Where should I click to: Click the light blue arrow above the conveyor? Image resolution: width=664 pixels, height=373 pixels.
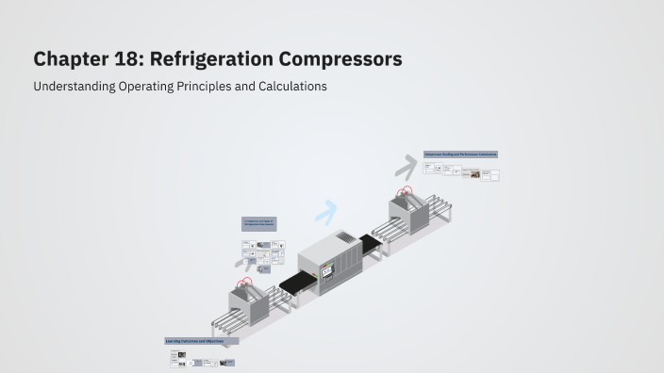point(326,213)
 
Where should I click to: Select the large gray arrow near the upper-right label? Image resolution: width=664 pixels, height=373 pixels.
point(406,167)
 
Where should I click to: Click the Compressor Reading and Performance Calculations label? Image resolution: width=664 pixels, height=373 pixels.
point(460,154)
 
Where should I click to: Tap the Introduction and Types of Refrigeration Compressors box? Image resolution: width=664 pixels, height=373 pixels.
point(258,224)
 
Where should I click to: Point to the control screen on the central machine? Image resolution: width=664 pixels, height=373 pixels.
point(327,272)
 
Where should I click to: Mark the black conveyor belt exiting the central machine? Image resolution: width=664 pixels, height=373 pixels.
point(372,244)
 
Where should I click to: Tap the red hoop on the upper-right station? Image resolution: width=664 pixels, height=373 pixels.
point(407,191)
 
